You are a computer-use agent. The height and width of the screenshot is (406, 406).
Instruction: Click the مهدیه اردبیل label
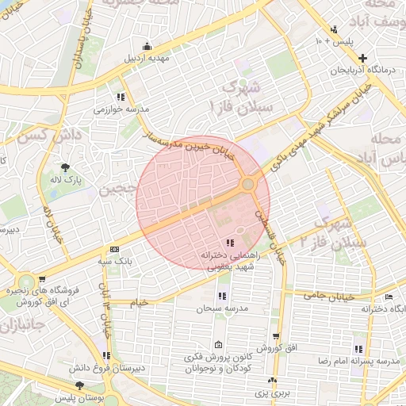(147, 59)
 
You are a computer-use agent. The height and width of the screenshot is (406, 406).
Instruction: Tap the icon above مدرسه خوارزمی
(121, 96)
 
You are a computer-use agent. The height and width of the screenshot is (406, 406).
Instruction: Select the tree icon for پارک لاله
(65, 167)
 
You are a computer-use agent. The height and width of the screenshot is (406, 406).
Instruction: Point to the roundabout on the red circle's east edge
(248, 185)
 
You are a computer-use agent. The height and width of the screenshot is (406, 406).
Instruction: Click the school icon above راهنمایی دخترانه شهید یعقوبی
(229, 243)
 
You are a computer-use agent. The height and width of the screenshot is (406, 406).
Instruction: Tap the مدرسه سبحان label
(224, 308)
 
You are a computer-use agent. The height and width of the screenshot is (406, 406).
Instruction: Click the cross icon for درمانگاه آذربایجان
(362, 58)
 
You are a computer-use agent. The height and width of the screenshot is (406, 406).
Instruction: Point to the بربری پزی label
(278, 393)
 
